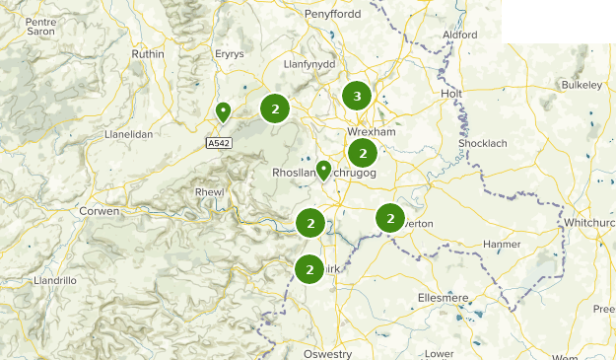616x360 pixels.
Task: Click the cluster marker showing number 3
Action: pos(357,96)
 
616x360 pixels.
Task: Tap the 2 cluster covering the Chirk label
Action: pos(309,268)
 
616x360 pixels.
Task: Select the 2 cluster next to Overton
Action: pos(390,218)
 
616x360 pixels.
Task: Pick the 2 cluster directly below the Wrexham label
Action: pos(363,153)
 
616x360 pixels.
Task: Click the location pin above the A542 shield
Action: pos(223,111)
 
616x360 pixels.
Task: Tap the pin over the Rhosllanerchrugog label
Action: pos(323,171)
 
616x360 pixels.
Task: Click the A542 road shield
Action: pos(219,143)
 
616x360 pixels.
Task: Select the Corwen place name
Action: pos(100,211)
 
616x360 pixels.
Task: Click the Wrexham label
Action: pos(372,132)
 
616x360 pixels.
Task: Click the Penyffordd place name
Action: pos(332,16)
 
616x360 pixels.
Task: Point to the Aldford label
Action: pos(460,35)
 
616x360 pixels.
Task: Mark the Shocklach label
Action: pos(483,144)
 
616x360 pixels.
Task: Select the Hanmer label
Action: pos(503,244)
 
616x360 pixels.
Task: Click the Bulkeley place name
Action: pos(581,86)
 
